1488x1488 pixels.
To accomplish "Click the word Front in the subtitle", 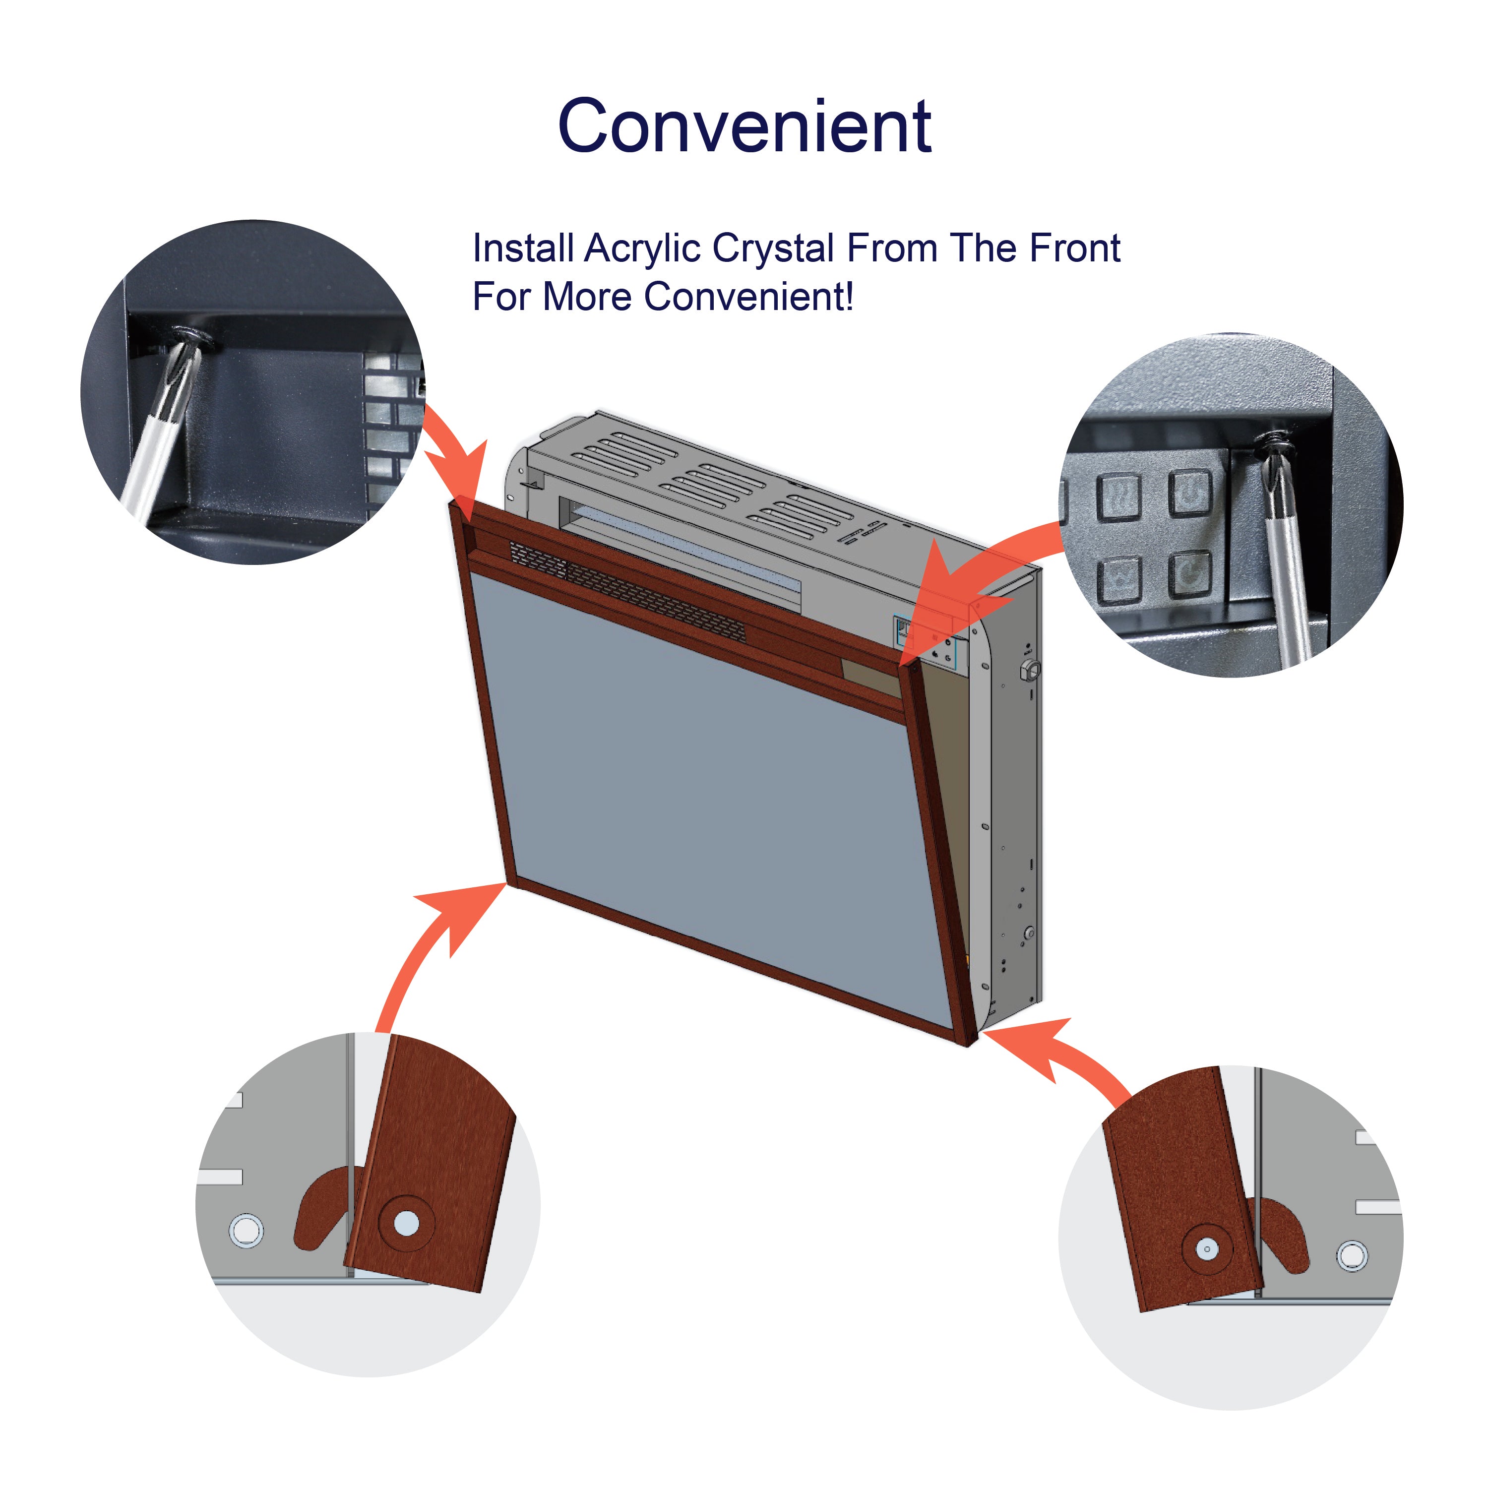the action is [1074, 248].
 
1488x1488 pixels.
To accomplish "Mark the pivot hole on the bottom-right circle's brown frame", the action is [1207, 1248].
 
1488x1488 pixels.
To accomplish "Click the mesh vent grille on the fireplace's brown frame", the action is [628, 590].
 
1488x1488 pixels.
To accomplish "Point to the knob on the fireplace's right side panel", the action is [1029, 669].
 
